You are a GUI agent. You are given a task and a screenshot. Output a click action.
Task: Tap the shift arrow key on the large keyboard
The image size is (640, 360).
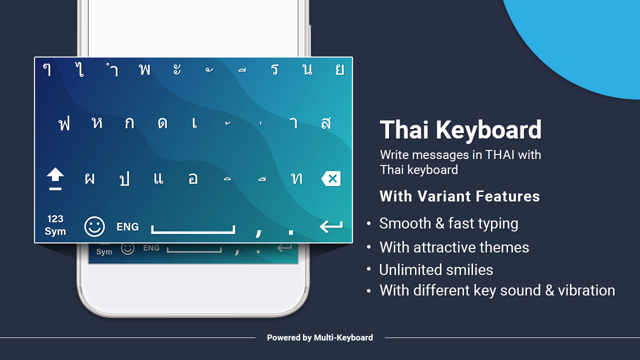tap(55, 178)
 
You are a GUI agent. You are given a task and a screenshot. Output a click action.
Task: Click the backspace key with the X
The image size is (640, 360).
tap(331, 179)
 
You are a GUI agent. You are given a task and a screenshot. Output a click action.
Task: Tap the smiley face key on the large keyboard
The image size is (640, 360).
tap(94, 226)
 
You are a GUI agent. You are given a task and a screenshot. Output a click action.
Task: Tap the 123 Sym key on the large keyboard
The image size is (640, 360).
tap(55, 225)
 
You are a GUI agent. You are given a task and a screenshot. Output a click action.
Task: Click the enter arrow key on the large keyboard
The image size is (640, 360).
tap(331, 226)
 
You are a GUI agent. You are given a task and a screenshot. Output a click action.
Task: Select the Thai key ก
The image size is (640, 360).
tap(129, 123)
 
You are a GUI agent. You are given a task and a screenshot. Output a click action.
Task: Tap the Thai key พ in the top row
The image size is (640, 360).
tap(144, 69)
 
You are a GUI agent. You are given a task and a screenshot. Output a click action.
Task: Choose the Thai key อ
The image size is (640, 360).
tap(193, 179)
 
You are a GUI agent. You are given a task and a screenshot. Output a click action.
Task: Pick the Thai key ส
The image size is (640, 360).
tap(326, 123)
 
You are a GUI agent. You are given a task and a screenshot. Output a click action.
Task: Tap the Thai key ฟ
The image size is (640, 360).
tap(64, 124)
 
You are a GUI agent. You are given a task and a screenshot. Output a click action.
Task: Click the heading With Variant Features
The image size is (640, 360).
tap(459, 196)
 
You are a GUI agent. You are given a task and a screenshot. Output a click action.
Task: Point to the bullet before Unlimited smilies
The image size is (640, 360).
tap(369, 269)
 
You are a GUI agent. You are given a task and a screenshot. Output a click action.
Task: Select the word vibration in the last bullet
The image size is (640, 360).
tap(586, 290)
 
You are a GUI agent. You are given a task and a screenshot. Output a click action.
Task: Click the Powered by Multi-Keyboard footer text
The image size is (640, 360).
tap(320, 337)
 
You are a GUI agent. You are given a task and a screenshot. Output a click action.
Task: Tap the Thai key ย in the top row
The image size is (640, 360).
tap(339, 69)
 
